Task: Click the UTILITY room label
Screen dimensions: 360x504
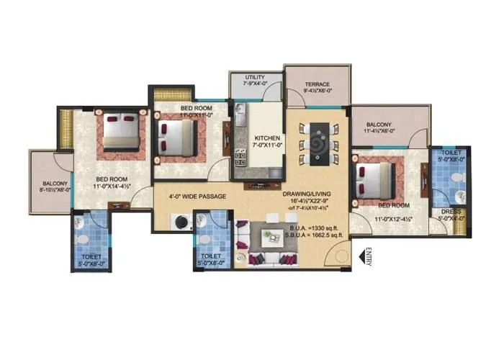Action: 256,77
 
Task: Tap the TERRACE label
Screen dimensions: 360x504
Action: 317,84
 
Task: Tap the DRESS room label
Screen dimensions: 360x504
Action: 451,212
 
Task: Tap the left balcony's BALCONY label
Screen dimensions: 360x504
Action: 54,184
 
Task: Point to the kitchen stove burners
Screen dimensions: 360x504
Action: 240,156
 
